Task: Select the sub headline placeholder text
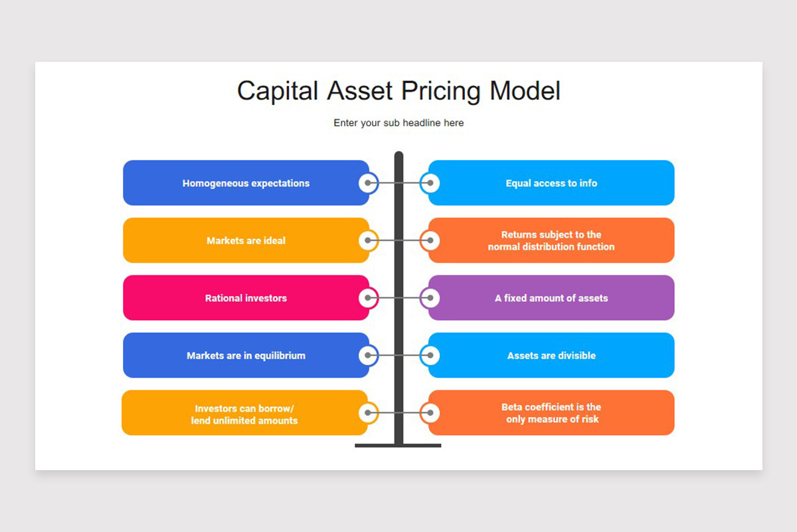point(398,123)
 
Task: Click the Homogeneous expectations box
point(246,183)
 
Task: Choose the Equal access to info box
point(551,183)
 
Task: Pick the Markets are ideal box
point(246,241)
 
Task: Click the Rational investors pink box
point(246,298)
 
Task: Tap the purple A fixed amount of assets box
point(551,298)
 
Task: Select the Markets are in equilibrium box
point(246,356)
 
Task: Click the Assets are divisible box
point(551,356)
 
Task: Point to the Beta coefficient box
point(551,413)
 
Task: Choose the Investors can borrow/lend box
point(244,413)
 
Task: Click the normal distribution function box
point(551,241)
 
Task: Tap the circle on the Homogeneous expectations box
point(368,183)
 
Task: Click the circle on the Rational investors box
point(368,298)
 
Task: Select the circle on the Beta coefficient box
point(430,413)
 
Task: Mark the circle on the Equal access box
point(430,183)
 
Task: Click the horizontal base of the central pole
point(398,445)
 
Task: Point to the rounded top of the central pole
point(398,156)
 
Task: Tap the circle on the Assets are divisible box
point(430,356)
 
